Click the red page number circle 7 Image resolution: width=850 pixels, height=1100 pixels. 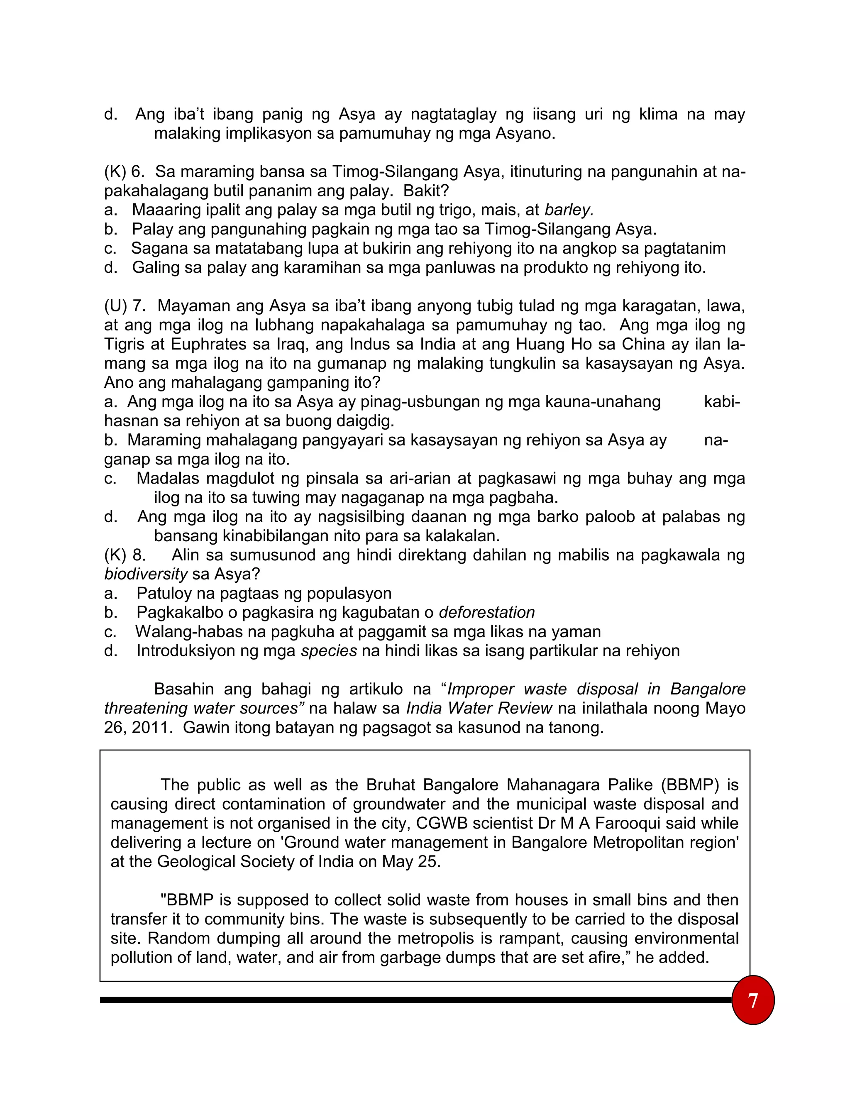[752, 1000]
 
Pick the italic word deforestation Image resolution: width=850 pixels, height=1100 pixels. [486, 612]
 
